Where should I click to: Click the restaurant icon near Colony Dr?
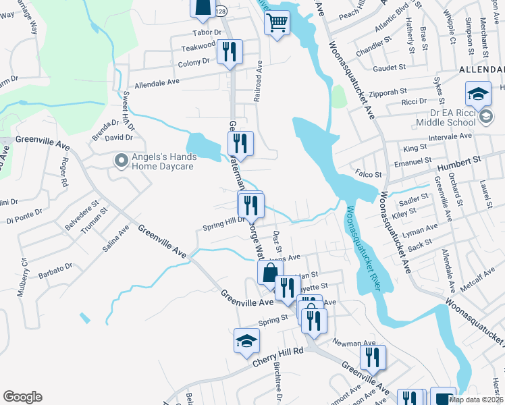[x=229, y=52]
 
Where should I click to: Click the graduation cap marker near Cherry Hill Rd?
[x=246, y=342]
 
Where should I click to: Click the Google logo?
[x=22, y=397]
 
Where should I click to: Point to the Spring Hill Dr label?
[x=224, y=223]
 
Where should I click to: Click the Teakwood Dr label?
[x=201, y=48]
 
